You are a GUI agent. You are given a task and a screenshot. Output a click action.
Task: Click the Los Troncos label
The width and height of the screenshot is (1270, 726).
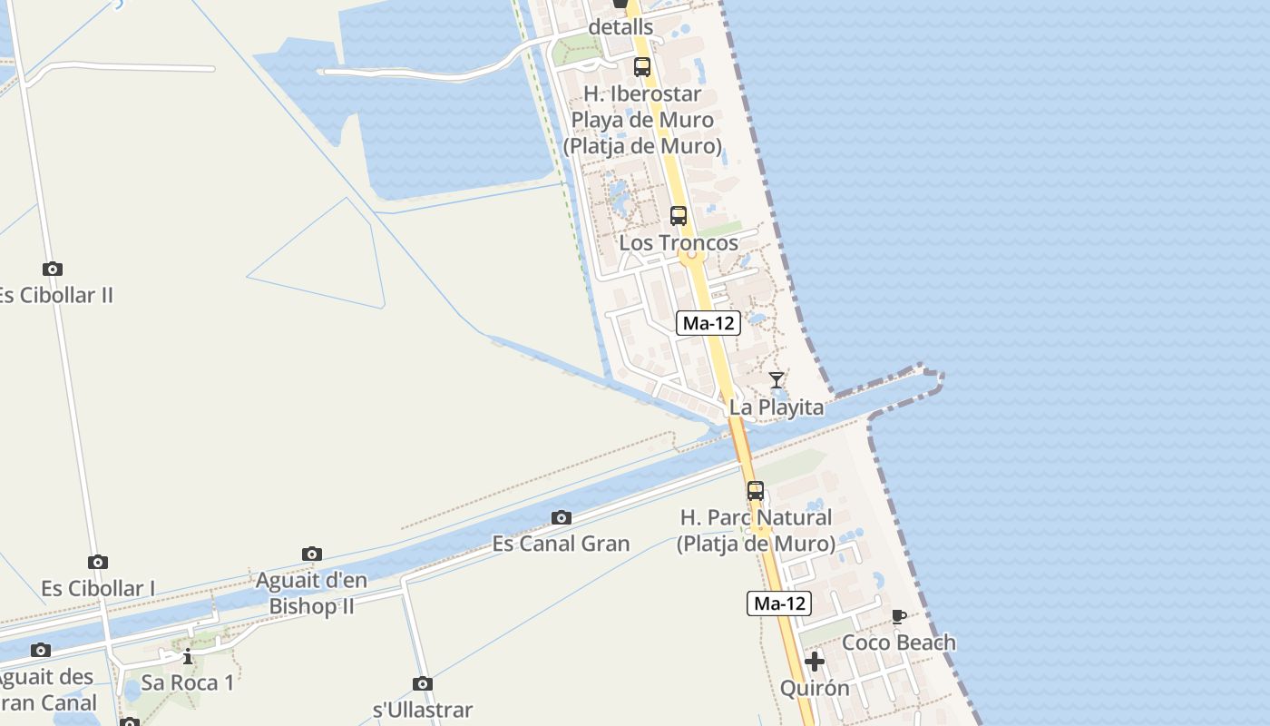click(x=679, y=243)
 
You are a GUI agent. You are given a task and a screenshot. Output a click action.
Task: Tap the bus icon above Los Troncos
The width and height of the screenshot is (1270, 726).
click(x=679, y=216)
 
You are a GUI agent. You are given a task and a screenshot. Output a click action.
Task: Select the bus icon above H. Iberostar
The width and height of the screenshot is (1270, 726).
click(x=642, y=66)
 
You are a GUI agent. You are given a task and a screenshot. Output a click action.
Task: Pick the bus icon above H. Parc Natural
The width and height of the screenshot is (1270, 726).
click(x=756, y=491)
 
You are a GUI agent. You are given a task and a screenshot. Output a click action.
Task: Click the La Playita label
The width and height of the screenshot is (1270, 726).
click(x=777, y=407)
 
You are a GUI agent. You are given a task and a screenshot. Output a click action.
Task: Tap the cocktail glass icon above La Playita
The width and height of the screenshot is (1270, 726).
click(x=777, y=380)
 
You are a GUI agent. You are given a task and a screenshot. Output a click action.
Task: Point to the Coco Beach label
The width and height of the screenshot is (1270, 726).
click(x=899, y=643)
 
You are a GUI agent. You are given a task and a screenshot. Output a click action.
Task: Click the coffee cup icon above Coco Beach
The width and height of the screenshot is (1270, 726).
click(x=899, y=617)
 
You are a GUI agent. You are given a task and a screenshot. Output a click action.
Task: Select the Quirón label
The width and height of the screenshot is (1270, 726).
click(x=815, y=688)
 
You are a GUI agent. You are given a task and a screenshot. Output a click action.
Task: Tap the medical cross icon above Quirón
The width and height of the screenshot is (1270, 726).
click(x=815, y=662)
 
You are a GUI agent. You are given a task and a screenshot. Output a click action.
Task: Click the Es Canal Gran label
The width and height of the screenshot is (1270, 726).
click(x=561, y=544)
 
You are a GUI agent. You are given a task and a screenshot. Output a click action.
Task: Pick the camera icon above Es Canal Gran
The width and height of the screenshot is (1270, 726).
click(x=562, y=518)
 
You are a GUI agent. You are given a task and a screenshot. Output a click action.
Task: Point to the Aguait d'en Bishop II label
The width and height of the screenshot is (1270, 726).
click(x=311, y=593)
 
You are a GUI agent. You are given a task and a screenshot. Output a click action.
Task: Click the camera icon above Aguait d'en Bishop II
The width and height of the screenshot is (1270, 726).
click(x=312, y=554)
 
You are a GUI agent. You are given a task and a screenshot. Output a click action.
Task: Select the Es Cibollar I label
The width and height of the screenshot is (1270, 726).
click(x=98, y=588)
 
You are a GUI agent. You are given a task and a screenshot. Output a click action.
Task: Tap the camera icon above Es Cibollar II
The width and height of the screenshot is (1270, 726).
click(x=53, y=269)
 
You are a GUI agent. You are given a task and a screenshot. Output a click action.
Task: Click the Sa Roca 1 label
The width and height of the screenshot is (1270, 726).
click(x=188, y=682)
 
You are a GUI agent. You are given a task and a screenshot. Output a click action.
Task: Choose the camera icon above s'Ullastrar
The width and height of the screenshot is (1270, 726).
click(x=423, y=683)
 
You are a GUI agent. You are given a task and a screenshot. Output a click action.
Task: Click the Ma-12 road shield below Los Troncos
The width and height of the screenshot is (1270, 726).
click(x=708, y=322)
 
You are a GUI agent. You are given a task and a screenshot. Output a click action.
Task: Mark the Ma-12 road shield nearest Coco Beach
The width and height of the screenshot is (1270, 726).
click(x=779, y=603)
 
